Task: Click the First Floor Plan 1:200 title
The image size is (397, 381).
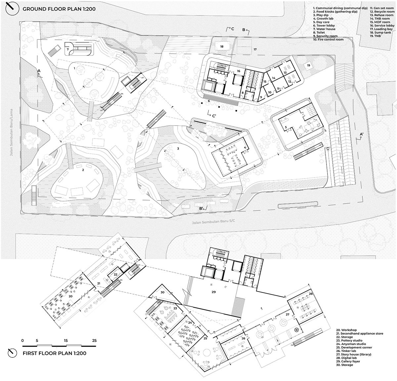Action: [55, 353]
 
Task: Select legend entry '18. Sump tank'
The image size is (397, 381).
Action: [380, 32]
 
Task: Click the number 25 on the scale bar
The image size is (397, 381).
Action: [94, 341]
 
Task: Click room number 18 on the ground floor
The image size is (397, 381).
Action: [222, 46]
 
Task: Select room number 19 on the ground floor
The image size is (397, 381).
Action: [309, 66]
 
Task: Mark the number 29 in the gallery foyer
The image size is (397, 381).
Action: [213, 293]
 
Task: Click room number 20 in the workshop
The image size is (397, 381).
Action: [70, 296]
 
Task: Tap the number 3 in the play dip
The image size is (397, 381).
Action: [178, 149]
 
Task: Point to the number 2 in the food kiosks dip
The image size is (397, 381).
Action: [83, 170]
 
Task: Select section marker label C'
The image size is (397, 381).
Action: [214, 116]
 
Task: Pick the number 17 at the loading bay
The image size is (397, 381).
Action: [255, 49]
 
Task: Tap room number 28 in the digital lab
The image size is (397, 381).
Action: [311, 294]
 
